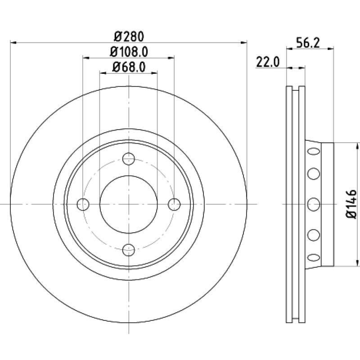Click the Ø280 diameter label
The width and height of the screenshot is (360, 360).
129,37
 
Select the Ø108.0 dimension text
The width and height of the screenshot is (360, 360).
129,52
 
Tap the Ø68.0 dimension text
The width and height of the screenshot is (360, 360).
129,67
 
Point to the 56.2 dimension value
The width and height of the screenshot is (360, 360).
308,43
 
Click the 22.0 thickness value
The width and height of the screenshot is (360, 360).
268,62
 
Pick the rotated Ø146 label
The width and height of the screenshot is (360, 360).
351,204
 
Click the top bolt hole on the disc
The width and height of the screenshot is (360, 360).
129,159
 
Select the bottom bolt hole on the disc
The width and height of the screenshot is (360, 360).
129,250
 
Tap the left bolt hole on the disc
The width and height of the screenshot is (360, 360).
83,204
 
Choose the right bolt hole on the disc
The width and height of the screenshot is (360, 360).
174,204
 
